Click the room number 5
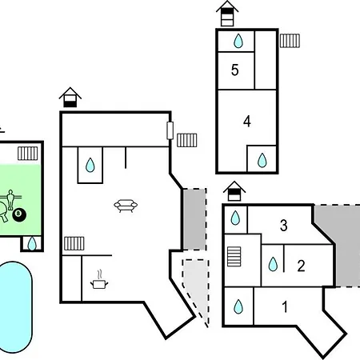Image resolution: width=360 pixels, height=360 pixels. (x=234, y=70)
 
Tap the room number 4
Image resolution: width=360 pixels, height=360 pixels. (x=247, y=122)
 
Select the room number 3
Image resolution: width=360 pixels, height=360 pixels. (x=284, y=226)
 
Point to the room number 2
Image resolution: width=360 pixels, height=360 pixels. (x=301, y=266)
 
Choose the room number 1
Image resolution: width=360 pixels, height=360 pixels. (x=285, y=306)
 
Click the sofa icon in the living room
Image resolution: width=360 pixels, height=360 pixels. (x=126, y=206)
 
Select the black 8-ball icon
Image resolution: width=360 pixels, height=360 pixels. (x=19, y=214)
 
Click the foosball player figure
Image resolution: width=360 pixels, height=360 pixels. (x=10, y=199)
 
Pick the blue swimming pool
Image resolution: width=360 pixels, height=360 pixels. (x=16, y=307)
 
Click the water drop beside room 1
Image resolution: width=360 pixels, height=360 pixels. (x=238, y=306)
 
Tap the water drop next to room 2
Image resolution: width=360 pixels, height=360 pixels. (x=273, y=264)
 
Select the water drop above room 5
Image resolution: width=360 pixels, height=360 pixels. (x=238, y=41)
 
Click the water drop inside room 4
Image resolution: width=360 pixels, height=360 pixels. (x=262, y=160)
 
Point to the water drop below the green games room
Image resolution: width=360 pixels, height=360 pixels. (x=32, y=243)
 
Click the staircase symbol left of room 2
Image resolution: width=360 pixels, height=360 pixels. (x=234, y=257)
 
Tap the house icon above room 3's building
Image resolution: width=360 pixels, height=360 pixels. (x=234, y=191)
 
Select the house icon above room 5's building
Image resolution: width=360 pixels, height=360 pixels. (x=227, y=14)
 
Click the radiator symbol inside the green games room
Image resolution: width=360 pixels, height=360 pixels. (x=28, y=154)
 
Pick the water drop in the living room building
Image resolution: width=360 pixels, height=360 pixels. (x=90, y=165)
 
